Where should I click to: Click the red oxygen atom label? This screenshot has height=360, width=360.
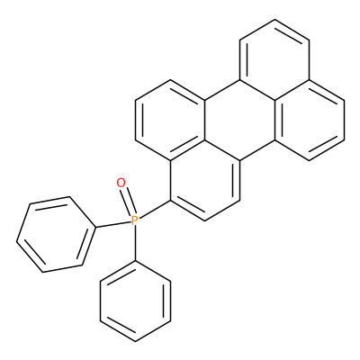pos(121,183)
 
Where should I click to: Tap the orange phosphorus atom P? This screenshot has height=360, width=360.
pos(135,220)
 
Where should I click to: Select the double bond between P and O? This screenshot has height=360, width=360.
pos(127,202)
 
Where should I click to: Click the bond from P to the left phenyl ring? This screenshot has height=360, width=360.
pos(113,224)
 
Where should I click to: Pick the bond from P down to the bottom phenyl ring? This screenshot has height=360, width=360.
pos(135,243)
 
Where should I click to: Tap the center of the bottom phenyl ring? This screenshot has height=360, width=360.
pos(136,301)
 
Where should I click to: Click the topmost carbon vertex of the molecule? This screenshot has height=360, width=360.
pos(274,20)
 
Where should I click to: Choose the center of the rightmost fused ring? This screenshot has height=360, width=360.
pos(310,120)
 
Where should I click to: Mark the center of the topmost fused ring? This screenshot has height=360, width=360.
pos(274,59)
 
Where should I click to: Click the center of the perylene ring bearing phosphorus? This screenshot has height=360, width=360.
pos(205,181)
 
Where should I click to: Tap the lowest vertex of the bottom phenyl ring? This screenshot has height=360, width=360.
pos(136,342)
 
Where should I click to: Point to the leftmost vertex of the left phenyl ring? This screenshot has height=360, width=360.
pos(16,241)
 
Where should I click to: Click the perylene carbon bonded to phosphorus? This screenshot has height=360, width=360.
pos(170,201)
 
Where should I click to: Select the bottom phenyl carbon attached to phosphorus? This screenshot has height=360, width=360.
pos(136,261)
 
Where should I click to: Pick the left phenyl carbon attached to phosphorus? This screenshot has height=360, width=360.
pos(95,228)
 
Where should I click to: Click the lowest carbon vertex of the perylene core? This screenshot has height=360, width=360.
pos(205,220)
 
